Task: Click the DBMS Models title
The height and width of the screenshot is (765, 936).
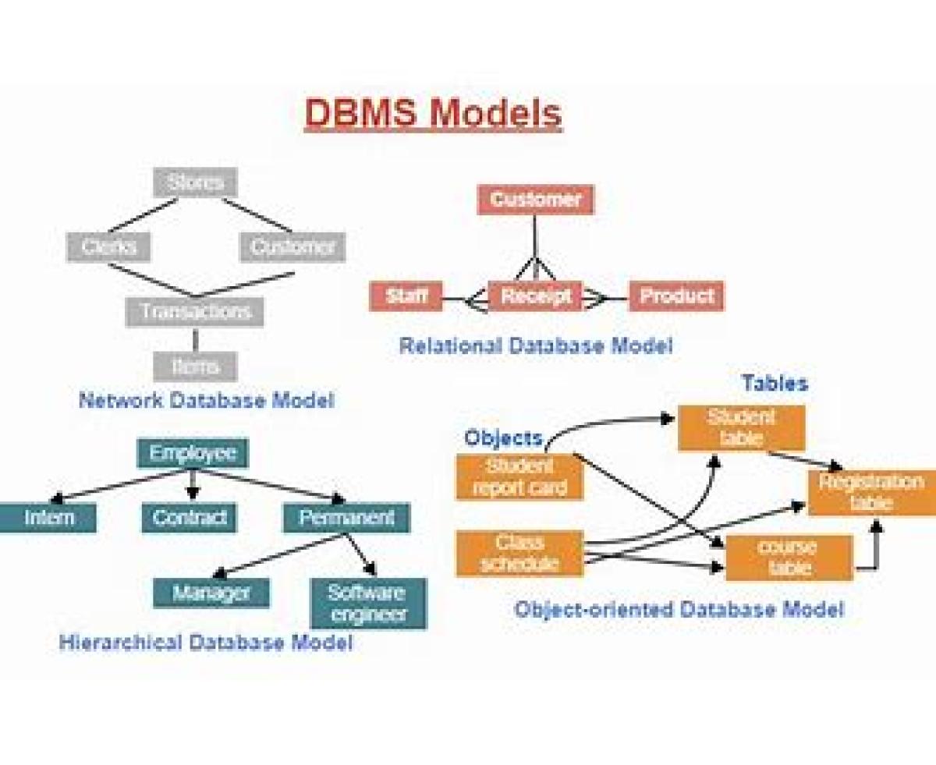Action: [x=433, y=113]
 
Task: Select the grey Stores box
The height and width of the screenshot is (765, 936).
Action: [x=195, y=182]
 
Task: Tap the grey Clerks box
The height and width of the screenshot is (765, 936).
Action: [x=108, y=247]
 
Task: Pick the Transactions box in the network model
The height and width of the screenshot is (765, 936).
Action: [x=195, y=312]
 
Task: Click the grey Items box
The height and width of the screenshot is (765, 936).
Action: [x=195, y=366]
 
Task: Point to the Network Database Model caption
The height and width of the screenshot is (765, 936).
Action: [x=206, y=401]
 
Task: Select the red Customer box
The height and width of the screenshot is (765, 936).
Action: [x=535, y=200]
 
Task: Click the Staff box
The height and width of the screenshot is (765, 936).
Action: [x=406, y=296]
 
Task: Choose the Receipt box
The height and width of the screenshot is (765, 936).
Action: [x=535, y=296]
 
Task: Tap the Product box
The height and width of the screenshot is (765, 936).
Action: [x=676, y=296]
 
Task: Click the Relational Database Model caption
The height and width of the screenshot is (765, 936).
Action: [x=535, y=345]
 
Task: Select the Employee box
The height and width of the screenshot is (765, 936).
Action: [x=193, y=453]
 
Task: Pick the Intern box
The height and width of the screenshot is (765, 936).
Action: [x=48, y=518]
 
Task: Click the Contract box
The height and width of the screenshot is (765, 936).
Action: [x=189, y=518]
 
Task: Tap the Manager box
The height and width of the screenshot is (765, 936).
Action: [x=211, y=593]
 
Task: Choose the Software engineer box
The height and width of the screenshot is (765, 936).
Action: [x=368, y=603]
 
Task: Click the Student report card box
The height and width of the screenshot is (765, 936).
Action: [x=519, y=477]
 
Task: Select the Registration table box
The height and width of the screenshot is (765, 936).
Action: [x=870, y=492]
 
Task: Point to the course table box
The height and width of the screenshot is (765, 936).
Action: [x=789, y=558]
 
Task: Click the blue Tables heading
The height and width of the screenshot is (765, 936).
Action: [x=774, y=383]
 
